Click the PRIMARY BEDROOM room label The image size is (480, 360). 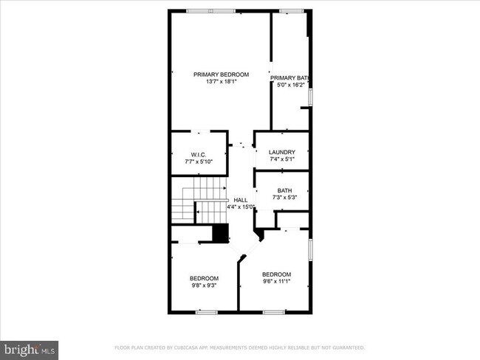coord(221,75)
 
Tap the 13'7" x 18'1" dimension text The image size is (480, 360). coord(221,82)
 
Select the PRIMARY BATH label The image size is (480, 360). coord(289,77)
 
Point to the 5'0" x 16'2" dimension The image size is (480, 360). coord(289,85)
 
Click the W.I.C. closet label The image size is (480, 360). coord(198,154)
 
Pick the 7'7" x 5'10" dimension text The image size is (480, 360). coord(198,161)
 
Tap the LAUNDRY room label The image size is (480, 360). coord(281,152)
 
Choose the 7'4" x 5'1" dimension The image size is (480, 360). coord(281,159)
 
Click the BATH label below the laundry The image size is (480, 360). coord(284,190)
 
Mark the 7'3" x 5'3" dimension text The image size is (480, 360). coord(284,197)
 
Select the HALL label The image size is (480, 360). coord(241,200)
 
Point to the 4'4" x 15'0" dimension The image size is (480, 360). coord(241,207)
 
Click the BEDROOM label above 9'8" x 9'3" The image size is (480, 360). coord(205,277)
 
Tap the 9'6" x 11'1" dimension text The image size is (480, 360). coord(277,280)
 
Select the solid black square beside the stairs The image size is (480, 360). coord(219,233)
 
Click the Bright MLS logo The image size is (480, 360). coord(30,349)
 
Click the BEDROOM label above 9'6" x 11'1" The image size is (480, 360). coord(277,273)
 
